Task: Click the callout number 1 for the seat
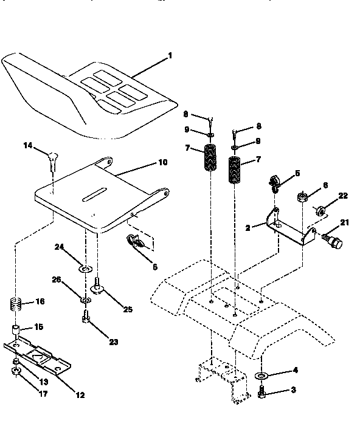pyautogui.click(x=170, y=55)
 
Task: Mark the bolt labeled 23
pyautogui.click(x=85, y=317)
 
